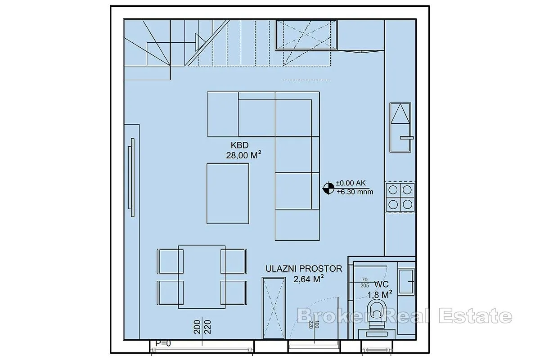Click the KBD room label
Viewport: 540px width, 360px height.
[x=239, y=145]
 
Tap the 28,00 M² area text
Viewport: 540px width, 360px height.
[x=243, y=155]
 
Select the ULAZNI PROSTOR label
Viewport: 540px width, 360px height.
[x=304, y=269]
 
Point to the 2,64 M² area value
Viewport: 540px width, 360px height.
[x=308, y=279]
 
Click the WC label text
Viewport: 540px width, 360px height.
[x=382, y=284]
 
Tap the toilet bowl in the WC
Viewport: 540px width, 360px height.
[x=377, y=314]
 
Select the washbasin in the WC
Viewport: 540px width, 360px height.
[x=406, y=282]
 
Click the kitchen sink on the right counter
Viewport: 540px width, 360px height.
[x=400, y=127]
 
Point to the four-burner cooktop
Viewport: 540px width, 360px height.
[x=400, y=197]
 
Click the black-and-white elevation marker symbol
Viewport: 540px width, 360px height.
[x=328, y=188]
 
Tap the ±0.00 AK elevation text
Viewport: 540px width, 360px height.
[x=351, y=183]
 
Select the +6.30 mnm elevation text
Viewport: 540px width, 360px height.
[x=355, y=192]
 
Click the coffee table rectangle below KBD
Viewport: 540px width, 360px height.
[x=228, y=194]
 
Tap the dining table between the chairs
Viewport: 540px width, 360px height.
[x=202, y=277]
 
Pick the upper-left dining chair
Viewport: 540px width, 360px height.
[x=170, y=261]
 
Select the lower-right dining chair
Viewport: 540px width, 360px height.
[x=234, y=292]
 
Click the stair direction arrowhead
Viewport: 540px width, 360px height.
[x=200, y=42]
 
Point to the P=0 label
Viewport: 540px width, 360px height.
[x=163, y=343]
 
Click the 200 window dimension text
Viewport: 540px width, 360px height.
[x=197, y=327]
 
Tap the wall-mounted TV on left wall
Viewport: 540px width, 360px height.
[x=132, y=177]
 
